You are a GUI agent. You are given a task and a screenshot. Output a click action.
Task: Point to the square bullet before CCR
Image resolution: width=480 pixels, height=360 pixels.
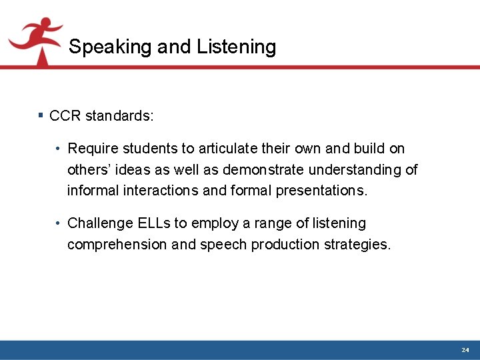tap(41, 116)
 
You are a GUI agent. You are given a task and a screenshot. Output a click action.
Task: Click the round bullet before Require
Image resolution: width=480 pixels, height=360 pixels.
tap(59, 149)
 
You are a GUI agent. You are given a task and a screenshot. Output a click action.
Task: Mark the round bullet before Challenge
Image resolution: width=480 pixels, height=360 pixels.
tap(59, 223)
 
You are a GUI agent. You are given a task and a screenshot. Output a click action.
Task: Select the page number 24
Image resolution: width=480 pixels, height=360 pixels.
tap(465, 350)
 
